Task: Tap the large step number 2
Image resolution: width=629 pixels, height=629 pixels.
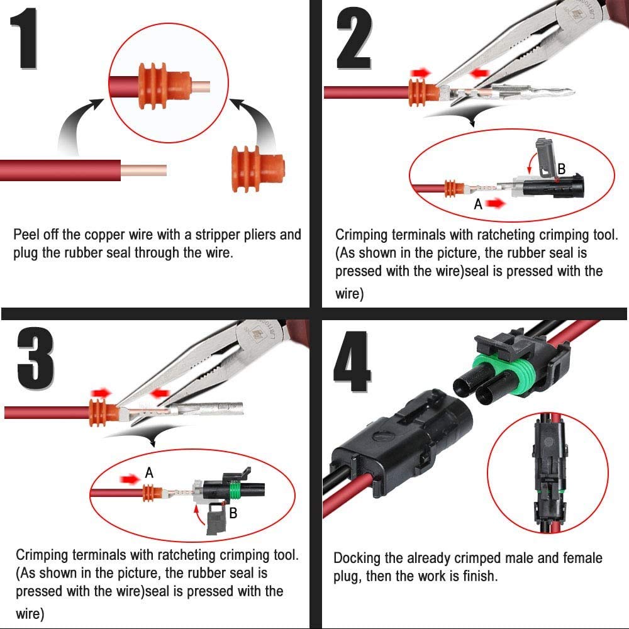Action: pyautogui.click(x=353, y=38)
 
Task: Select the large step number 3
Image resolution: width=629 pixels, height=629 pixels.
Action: pyautogui.click(x=35, y=359)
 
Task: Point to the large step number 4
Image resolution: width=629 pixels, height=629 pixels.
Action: pyautogui.click(x=352, y=362)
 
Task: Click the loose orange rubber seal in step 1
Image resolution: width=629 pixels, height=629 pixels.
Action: pyautogui.click(x=259, y=169)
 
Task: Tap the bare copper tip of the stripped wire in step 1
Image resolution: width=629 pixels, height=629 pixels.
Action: pyautogui.click(x=143, y=170)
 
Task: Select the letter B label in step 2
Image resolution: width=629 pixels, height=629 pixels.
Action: pyautogui.click(x=562, y=169)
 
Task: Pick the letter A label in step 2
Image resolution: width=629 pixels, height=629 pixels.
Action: pyautogui.click(x=478, y=204)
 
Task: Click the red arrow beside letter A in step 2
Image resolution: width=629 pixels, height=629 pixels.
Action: pyautogui.click(x=496, y=203)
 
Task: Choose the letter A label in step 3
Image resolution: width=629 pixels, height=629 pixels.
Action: pyautogui.click(x=149, y=473)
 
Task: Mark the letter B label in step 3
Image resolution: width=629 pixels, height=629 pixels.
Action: pyautogui.click(x=233, y=513)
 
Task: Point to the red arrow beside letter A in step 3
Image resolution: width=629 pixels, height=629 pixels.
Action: pyautogui.click(x=130, y=479)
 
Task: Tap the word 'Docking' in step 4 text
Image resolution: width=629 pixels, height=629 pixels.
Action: pyautogui.click(x=357, y=559)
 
